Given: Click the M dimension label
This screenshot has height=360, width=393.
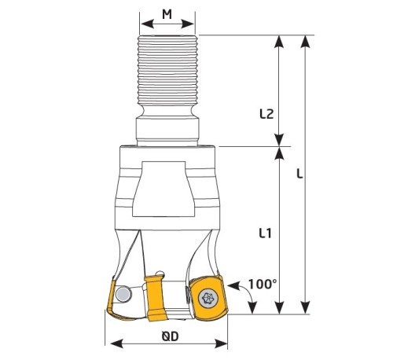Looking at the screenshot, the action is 167,14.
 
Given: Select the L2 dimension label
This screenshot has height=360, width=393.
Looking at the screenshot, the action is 266,114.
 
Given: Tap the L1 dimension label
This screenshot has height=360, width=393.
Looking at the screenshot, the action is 265,233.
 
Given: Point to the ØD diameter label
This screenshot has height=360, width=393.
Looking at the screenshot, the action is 170,336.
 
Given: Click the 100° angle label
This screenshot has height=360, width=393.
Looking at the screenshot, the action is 263,285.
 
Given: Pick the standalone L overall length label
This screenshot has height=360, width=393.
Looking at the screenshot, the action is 299,174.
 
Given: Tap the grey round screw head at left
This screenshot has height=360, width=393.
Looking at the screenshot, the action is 123,294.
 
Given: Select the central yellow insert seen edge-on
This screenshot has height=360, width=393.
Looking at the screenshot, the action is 156,298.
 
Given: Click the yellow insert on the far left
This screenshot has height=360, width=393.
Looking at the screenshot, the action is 112,297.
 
